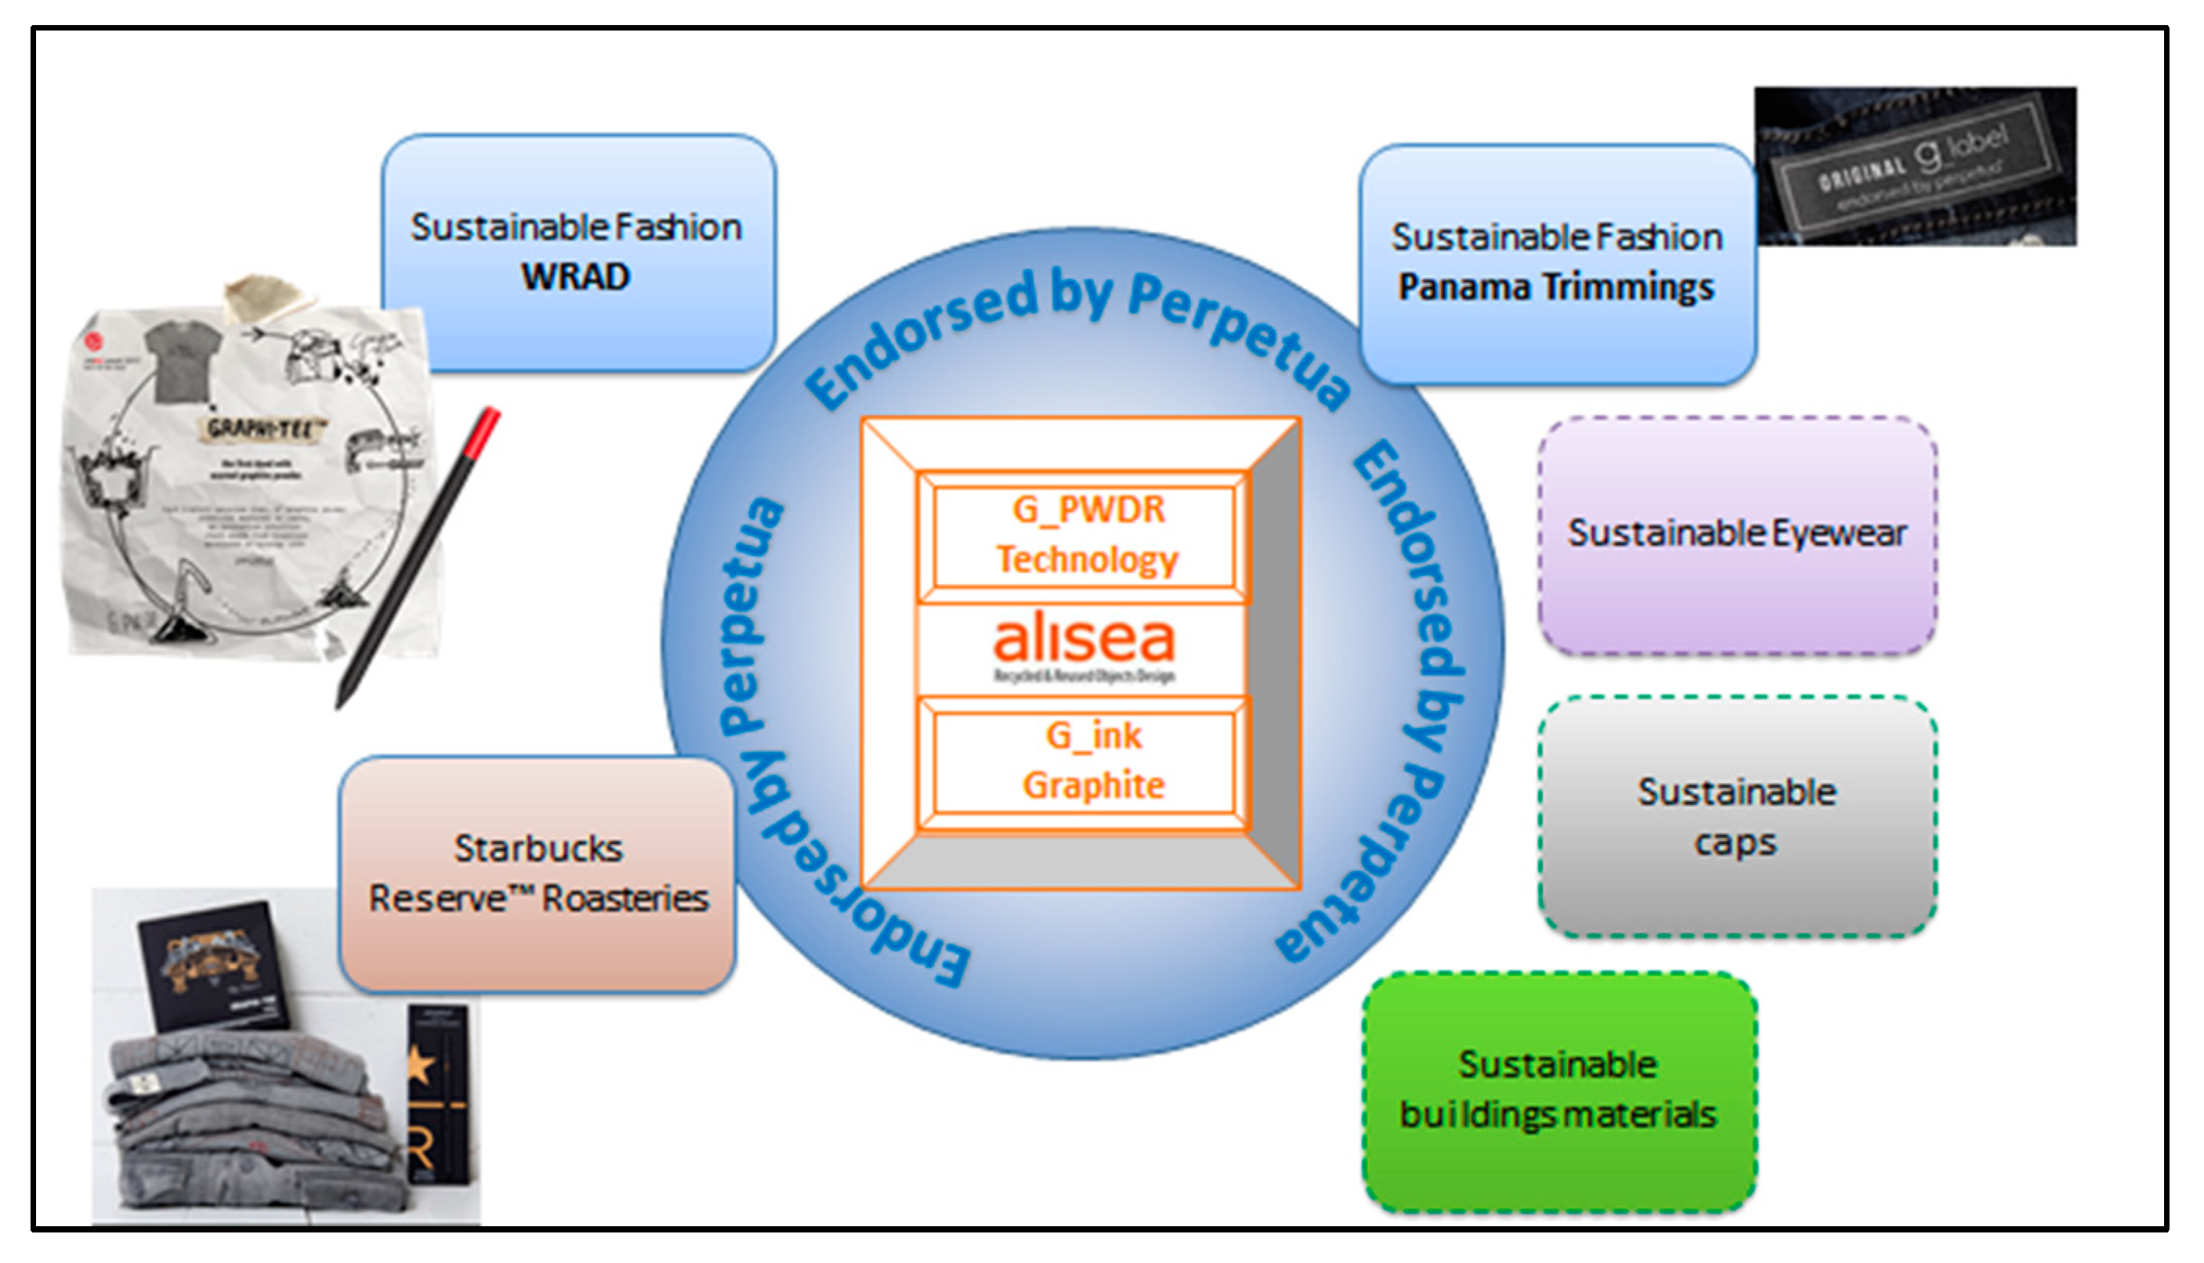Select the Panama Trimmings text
(x=1556, y=287)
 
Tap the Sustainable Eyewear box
(x=1737, y=536)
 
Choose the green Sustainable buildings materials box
(x=1558, y=1092)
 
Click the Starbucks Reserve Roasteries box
(x=537, y=875)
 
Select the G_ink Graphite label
(x=1091, y=762)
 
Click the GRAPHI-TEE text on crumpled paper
(x=266, y=428)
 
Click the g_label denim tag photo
(x=1915, y=167)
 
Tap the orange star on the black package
(x=421, y=1064)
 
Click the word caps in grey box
(x=1735, y=843)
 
